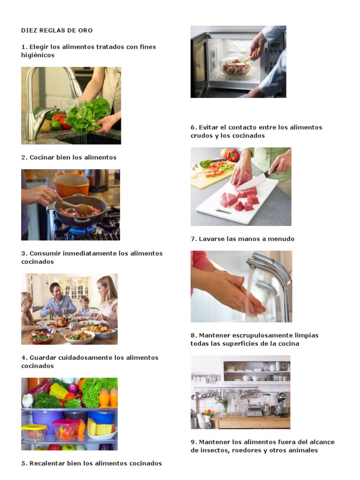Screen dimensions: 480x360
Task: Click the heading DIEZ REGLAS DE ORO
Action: click(57, 30)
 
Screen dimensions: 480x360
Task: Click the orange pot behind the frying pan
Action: click(71, 184)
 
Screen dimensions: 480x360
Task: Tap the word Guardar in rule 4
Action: click(42, 358)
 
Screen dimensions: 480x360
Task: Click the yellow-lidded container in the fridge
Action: click(34, 432)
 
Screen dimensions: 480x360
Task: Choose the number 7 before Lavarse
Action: click(193, 239)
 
